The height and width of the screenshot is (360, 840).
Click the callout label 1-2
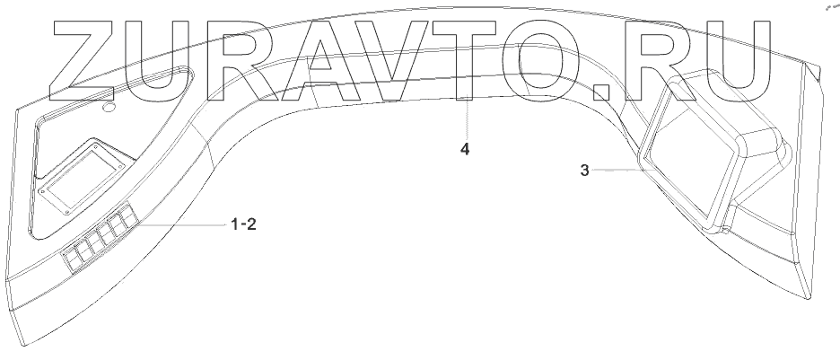pos(243,225)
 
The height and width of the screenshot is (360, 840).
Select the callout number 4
pos(464,149)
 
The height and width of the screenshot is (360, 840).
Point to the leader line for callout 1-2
pos(179,224)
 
